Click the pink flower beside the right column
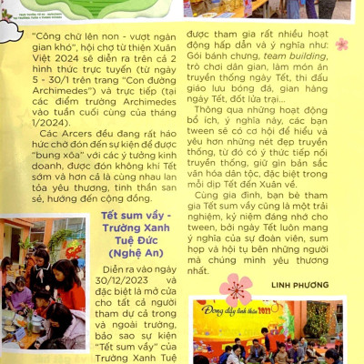tap(341, 44)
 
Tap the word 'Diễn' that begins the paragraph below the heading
tap(118, 271)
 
